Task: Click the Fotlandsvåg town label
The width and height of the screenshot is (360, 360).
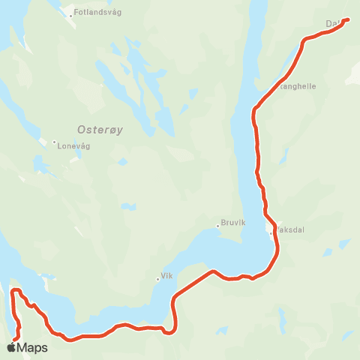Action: [x=98, y=13]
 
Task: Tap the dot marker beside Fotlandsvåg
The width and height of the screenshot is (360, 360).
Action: [x=70, y=15]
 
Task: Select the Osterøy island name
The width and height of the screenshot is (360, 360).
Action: [x=100, y=128]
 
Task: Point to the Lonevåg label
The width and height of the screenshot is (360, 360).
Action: [x=73, y=146]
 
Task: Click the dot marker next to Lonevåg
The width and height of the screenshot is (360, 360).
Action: [x=54, y=142]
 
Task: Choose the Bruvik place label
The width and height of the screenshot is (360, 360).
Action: [x=233, y=223]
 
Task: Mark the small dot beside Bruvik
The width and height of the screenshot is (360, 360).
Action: [x=217, y=223]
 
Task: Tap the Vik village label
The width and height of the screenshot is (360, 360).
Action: [x=167, y=276]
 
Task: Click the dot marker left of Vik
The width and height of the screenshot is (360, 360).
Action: [x=157, y=279]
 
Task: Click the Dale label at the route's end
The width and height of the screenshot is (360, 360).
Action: [x=334, y=23]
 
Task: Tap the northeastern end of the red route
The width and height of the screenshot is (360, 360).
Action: [x=348, y=20]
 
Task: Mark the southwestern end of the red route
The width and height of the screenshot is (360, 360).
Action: [x=15, y=340]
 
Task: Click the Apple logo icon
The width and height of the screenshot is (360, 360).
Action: [x=13, y=347]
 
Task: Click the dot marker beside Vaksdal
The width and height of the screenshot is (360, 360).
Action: [x=271, y=233]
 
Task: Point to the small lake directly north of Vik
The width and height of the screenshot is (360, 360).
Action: [x=129, y=206]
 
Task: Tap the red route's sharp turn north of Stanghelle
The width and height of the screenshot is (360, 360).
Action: [x=304, y=41]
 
